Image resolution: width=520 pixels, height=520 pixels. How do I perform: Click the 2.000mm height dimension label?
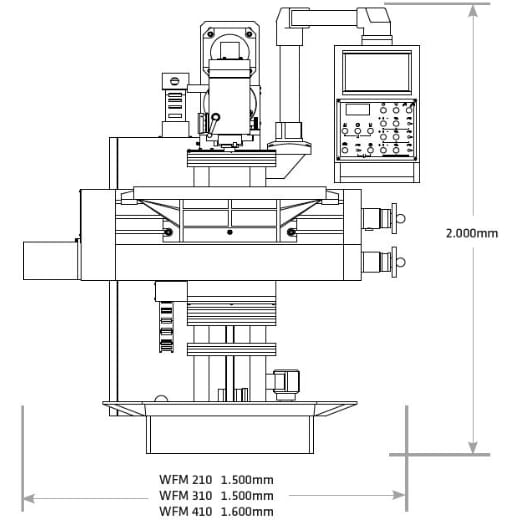[x=471, y=233]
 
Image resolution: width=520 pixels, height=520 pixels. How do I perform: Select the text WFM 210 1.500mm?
[x=215, y=478]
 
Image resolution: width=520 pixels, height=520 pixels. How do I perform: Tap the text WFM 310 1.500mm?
[x=215, y=495]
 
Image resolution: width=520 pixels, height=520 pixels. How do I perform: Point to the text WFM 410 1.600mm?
[x=215, y=511]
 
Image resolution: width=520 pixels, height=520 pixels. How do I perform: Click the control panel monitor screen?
[x=376, y=72]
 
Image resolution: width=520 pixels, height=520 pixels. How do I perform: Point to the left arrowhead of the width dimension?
[x=28, y=495]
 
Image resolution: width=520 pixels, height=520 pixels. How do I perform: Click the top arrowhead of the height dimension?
[x=472, y=8]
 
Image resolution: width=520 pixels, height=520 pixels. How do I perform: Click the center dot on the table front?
[x=229, y=232]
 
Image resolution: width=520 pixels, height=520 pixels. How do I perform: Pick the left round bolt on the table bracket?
[x=167, y=232]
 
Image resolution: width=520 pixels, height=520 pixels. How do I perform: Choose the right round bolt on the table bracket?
[x=292, y=232]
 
